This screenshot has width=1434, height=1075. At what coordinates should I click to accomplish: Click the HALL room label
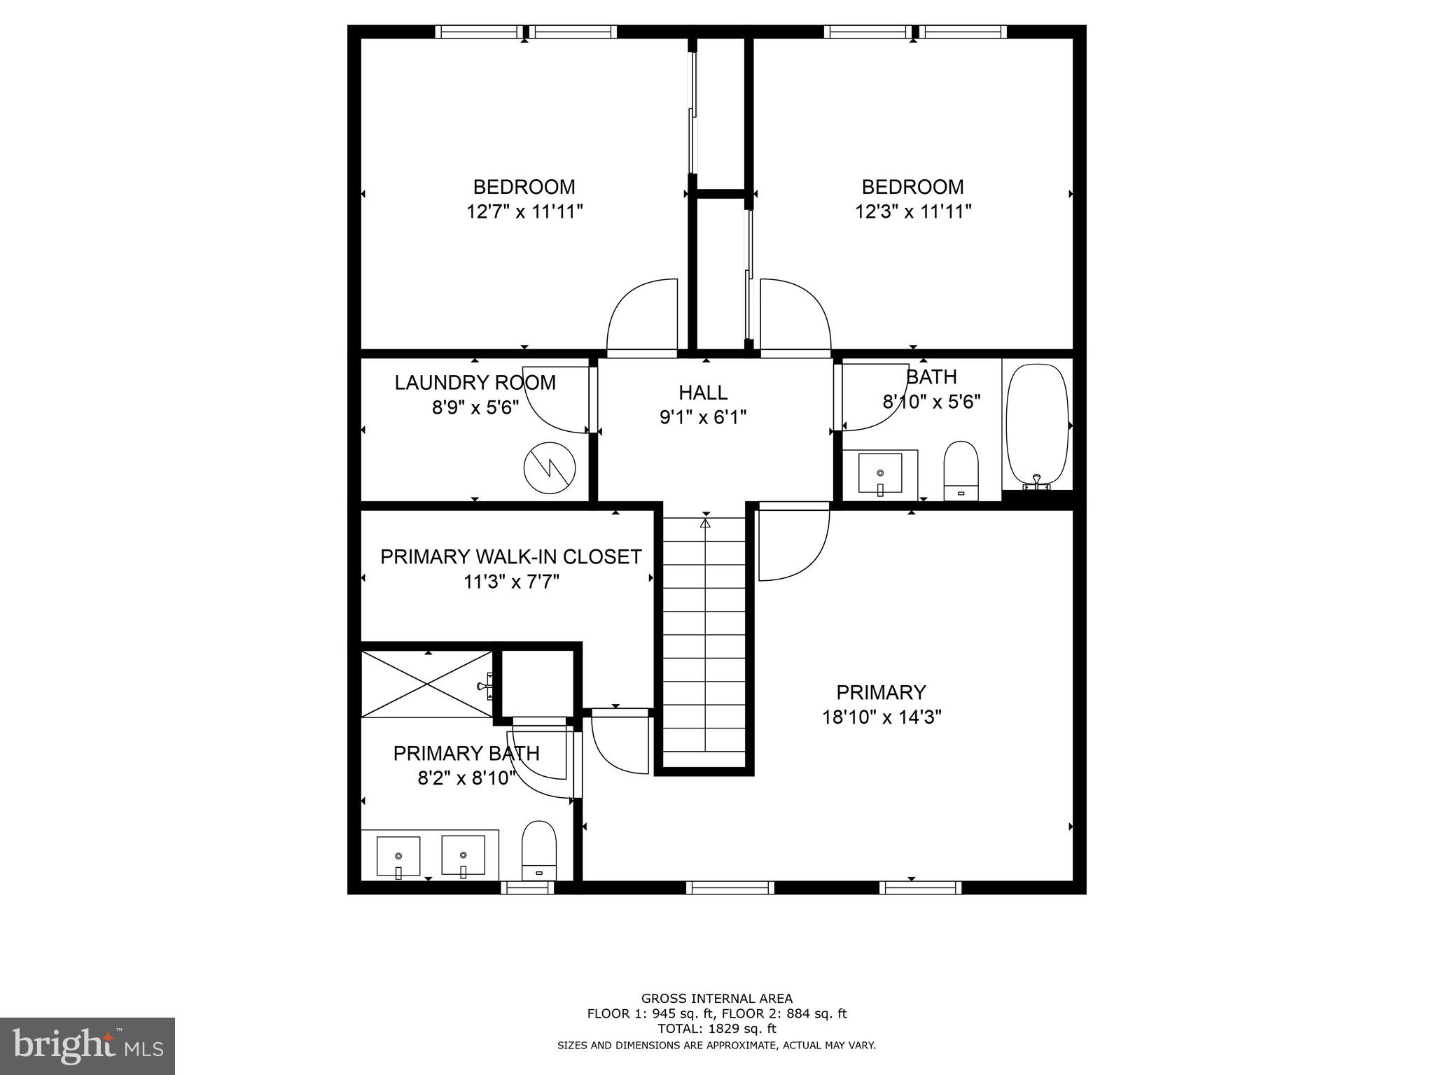(703, 393)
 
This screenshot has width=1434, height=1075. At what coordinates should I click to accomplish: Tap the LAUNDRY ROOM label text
(475, 383)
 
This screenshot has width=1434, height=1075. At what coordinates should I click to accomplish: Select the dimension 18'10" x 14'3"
(881, 717)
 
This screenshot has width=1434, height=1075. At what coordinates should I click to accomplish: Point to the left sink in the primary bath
(398, 855)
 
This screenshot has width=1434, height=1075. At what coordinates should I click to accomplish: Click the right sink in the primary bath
(463, 855)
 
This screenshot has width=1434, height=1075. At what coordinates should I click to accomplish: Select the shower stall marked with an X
(427, 684)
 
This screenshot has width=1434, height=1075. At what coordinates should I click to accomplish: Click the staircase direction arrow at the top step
(705, 523)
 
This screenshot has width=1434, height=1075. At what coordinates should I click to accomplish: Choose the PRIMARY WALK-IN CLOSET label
(510, 556)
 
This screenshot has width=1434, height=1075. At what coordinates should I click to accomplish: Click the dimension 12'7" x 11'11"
(524, 211)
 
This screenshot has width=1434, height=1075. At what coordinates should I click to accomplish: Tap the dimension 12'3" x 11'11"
(912, 211)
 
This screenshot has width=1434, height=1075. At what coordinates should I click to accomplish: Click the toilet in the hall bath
(961, 470)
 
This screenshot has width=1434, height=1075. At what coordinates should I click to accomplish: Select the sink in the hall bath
(880, 474)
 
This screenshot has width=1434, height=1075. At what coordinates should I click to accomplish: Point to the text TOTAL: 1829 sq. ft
(716, 1029)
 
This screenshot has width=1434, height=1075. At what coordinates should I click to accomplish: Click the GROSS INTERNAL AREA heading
(716, 999)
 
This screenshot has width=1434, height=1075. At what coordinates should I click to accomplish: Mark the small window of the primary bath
(527, 887)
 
